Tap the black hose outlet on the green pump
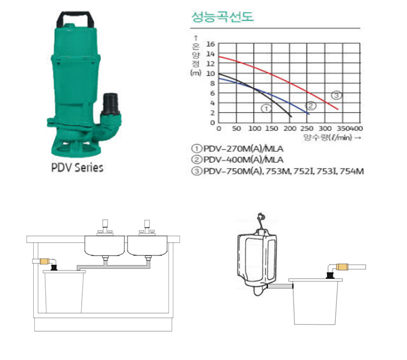(111, 104)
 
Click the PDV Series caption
(77, 167)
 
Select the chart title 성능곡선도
(222, 17)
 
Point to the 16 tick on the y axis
(210, 44)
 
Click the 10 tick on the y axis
(210, 73)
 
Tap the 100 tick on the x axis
(255, 128)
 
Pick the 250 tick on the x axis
(307, 128)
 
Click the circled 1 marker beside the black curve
(266, 108)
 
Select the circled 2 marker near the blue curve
(311, 105)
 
